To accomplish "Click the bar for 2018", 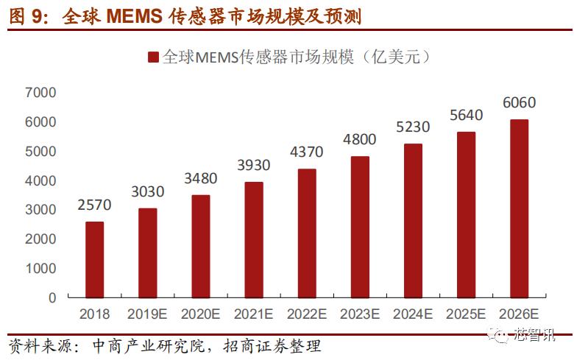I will click(x=95, y=259).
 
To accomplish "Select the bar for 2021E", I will click(x=254, y=239).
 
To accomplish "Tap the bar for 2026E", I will click(x=519, y=208).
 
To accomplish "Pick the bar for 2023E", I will click(x=360, y=227).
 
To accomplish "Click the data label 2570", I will click(x=95, y=205).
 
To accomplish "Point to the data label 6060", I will click(x=519, y=102).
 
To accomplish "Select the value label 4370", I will click(x=307, y=152).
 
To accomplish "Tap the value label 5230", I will click(x=413, y=127).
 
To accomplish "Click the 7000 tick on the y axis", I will click(x=40, y=93).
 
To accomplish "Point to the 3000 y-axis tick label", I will click(x=40, y=210).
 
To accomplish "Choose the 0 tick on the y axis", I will click(x=52, y=298).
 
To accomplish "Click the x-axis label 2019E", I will click(x=148, y=314).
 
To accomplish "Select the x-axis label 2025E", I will click(x=466, y=314).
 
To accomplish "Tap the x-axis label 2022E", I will click(x=307, y=314).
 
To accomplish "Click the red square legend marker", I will click(x=153, y=57).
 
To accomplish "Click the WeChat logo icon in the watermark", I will click(x=501, y=337).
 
